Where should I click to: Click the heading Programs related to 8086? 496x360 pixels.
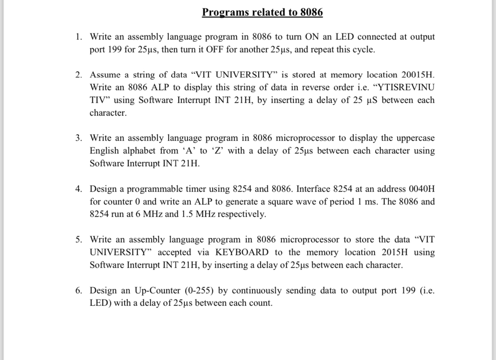262,12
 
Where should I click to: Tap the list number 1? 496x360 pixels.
78,37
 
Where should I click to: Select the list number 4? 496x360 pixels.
78,189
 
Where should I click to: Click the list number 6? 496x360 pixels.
78,290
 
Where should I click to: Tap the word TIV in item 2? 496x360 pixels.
99,100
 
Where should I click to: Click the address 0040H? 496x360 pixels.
421,189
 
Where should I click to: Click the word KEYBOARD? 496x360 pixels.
241,253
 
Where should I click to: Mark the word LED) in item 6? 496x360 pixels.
100,303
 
